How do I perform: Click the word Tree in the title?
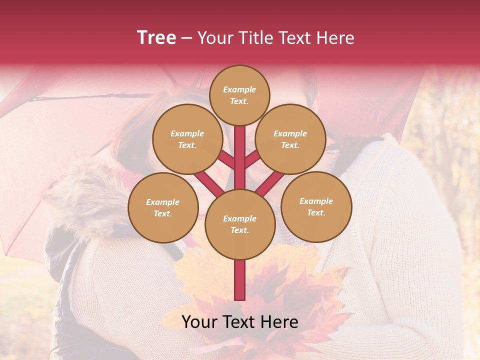click(156, 37)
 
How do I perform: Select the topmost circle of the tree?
click(239, 95)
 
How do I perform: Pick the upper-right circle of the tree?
click(290, 139)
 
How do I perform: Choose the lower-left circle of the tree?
click(163, 207)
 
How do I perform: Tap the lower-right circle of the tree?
click(316, 206)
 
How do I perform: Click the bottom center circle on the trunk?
click(240, 224)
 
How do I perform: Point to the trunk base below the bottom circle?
click(239, 280)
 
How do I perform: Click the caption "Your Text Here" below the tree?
click(239, 322)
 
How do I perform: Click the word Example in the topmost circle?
click(239, 89)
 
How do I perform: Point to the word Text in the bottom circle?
click(239, 230)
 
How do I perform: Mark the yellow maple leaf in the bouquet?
click(200, 275)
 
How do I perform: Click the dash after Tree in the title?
click(187, 38)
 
